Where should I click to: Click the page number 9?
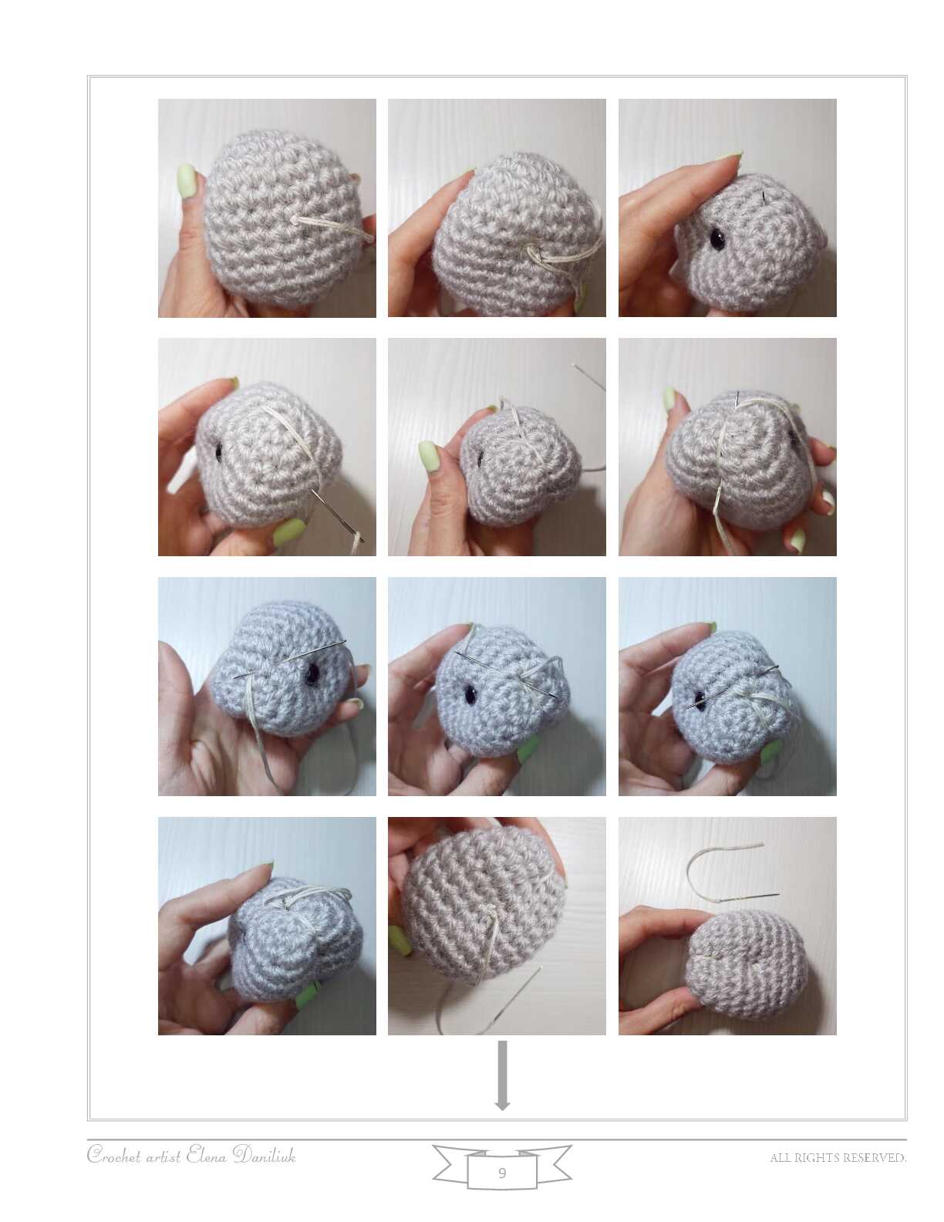click(502, 1173)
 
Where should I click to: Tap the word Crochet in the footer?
click(113, 1156)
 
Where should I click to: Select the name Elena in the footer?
click(207, 1155)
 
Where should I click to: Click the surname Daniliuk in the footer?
click(264, 1155)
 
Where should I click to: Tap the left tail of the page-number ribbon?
click(450, 1161)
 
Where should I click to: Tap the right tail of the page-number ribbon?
click(555, 1161)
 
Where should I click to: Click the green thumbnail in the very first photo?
click(187, 181)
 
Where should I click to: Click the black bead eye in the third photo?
click(716, 239)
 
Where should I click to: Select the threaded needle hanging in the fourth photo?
click(336, 514)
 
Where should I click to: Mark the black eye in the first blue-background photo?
click(310, 674)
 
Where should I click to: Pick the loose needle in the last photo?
click(749, 896)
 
